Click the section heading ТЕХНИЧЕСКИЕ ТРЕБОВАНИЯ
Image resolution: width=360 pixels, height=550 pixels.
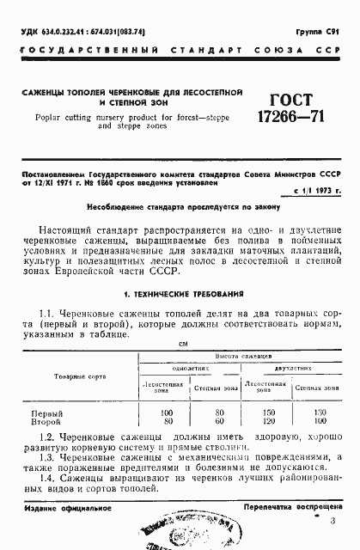180,293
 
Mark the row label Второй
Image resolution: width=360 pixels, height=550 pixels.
46,423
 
